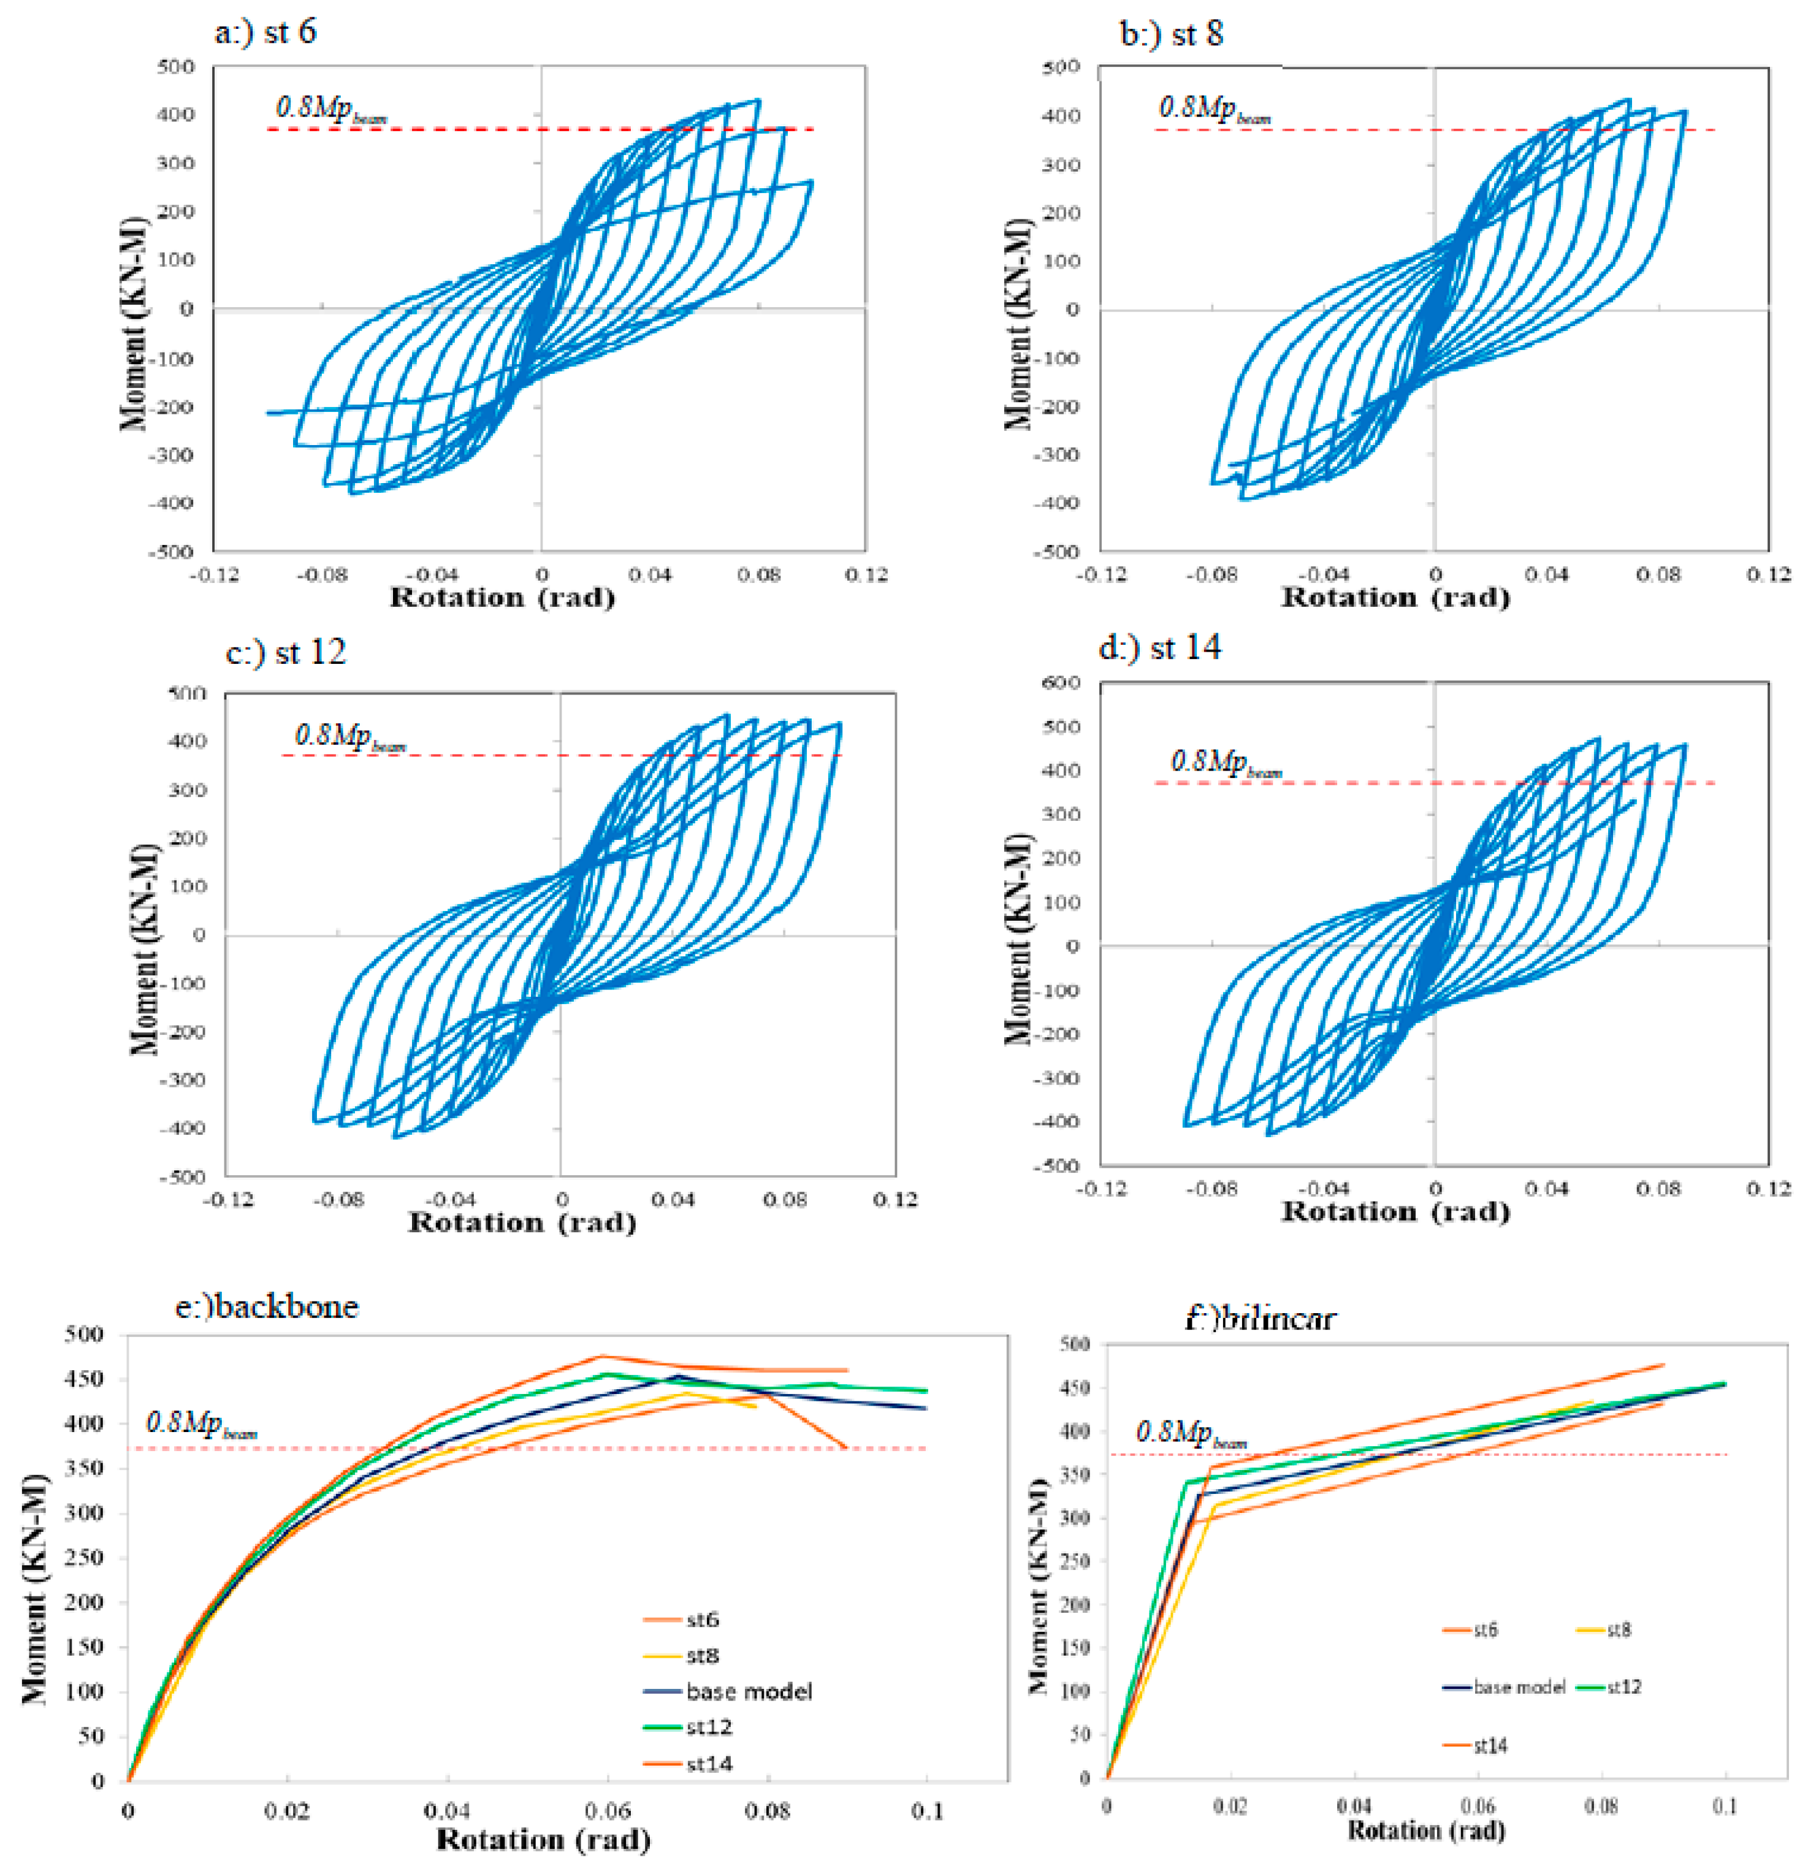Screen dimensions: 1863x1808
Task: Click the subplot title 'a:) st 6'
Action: tap(265, 32)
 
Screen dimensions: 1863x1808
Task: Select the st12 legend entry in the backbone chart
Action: tap(708, 1727)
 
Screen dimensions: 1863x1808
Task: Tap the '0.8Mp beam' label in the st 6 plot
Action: tap(331, 109)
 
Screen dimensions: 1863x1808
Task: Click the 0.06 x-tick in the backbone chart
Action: tap(608, 1811)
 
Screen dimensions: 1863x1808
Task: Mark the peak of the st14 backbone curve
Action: tap(601, 1357)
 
